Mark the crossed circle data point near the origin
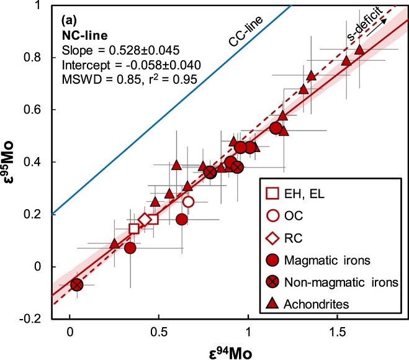[x=76, y=284]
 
